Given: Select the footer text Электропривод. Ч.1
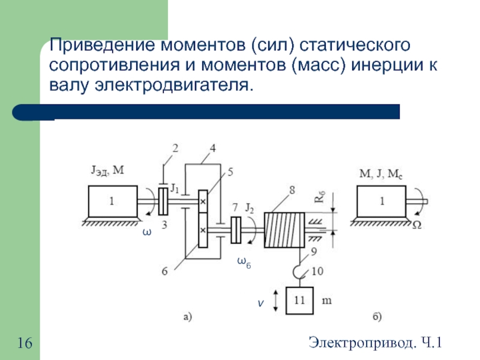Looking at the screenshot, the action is tap(376, 343).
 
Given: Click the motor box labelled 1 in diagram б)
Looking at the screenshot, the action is tap(381, 202).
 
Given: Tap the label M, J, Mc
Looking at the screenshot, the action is tap(380, 174).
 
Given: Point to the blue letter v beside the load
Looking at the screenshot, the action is tap(261, 304).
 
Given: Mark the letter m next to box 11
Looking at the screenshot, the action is tap(328, 298).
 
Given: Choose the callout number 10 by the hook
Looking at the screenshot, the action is tap(317, 271).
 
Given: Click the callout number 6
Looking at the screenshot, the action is tap(164, 271).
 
